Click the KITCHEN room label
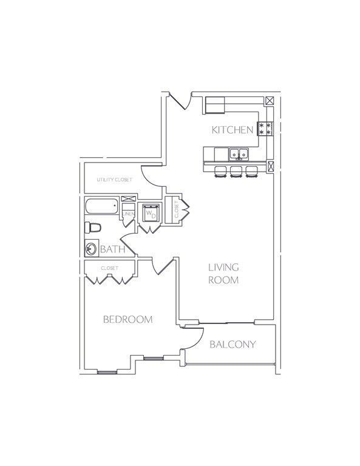pos(232,130)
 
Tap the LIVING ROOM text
pos(223,274)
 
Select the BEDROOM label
pos(128,319)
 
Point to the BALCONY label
pos(233,344)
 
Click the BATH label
pos(113,249)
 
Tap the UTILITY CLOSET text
pos(115,180)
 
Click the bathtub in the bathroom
pos(102,206)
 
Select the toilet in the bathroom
pos(93,228)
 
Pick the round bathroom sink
pos(91,248)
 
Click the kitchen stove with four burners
pos(265,129)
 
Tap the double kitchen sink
pos(239,154)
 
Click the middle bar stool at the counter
pos(236,172)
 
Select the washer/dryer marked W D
pos(151,213)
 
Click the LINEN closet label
pos(129,214)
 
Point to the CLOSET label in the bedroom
pos(110,268)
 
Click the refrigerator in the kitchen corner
pos(215,105)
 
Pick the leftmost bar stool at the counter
pos(220,172)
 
